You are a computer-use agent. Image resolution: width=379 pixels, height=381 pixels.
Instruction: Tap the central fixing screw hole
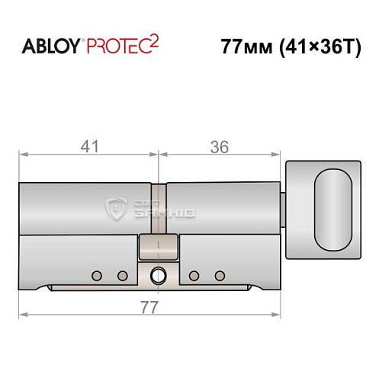(159, 275)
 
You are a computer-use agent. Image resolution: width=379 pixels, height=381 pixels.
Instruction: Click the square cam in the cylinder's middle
(159, 247)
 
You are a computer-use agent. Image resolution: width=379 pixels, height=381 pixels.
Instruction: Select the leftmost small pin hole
(96, 275)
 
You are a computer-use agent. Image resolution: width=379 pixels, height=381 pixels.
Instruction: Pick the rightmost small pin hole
(221, 275)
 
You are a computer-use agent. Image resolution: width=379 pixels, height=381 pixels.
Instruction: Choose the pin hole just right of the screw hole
(194, 275)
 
